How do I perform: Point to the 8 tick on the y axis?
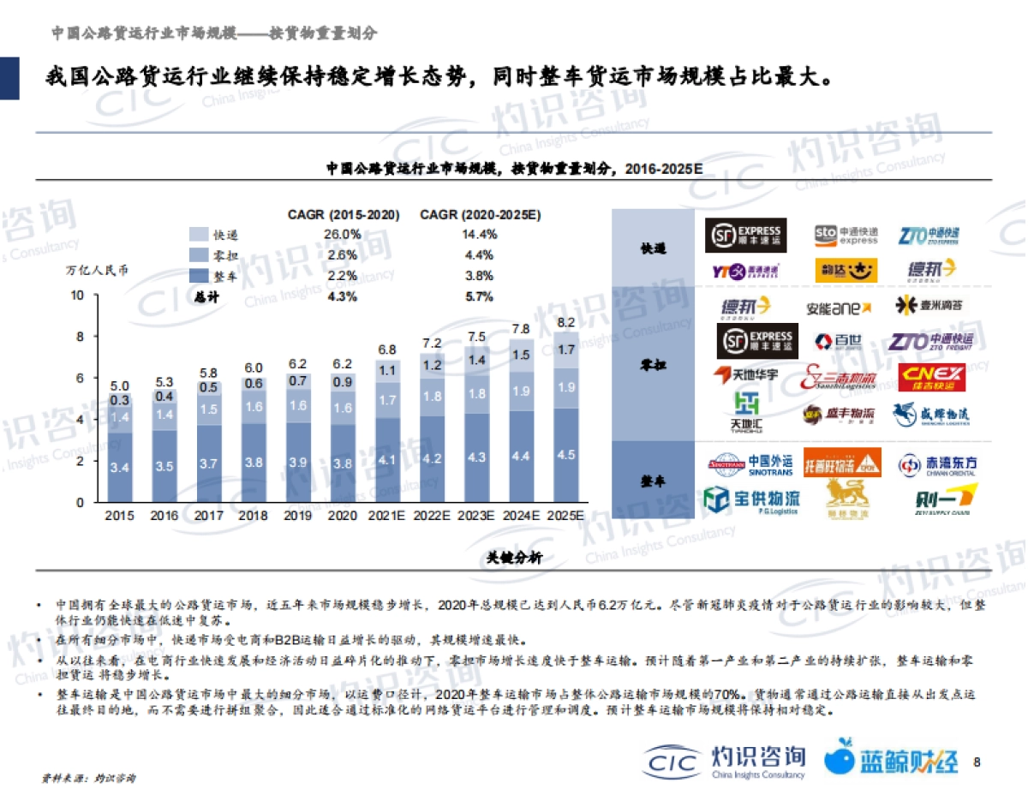pyautogui.click(x=79, y=337)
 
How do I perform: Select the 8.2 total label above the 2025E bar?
pyautogui.click(x=565, y=323)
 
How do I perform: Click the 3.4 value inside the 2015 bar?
pyautogui.click(x=121, y=467)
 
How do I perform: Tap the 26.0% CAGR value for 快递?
pyautogui.click(x=342, y=235)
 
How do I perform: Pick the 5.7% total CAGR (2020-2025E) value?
pyautogui.click(x=479, y=297)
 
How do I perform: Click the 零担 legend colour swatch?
pyautogui.click(x=198, y=254)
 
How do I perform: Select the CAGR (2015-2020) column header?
pyautogui.click(x=344, y=215)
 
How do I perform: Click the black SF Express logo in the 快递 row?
pyautogui.click(x=745, y=235)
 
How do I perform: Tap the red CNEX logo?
pyautogui.click(x=932, y=377)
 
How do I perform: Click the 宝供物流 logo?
pyautogui.click(x=751, y=499)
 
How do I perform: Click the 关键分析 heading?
pyautogui.click(x=514, y=559)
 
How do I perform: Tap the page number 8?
pyautogui.click(x=977, y=761)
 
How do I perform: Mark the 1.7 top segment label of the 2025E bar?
pyautogui.click(x=565, y=350)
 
